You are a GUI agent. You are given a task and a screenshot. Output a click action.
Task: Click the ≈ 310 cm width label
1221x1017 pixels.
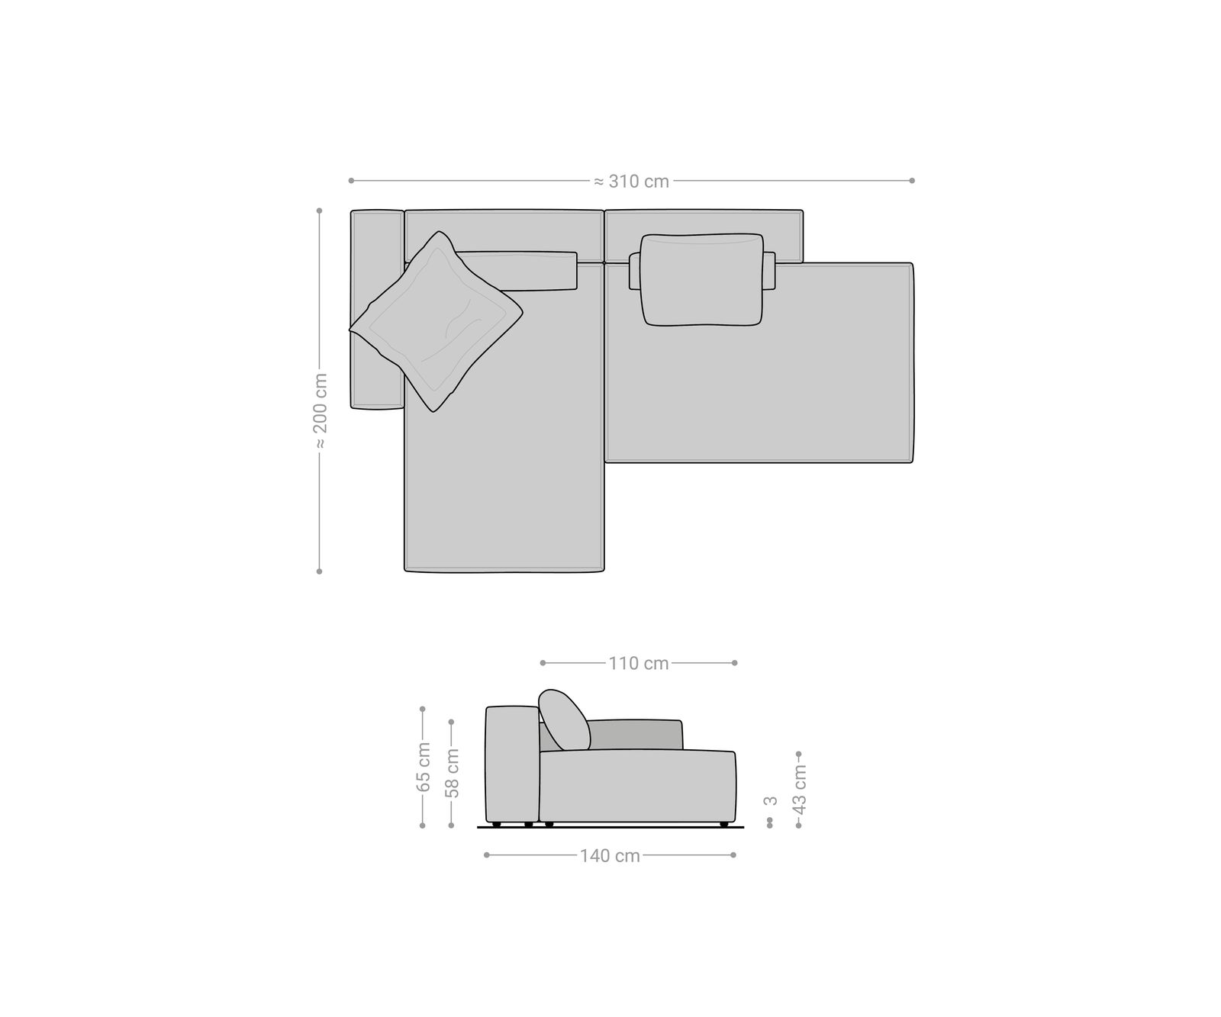[x=631, y=182]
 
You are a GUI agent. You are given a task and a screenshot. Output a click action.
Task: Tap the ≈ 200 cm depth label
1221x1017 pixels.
[x=320, y=412]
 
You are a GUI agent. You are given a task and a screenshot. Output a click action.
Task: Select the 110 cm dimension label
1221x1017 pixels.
[x=639, y=664]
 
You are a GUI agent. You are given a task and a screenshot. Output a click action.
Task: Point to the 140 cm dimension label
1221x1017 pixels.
[x=610, y=856]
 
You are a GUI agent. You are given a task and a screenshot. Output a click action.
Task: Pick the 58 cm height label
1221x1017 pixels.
[x=453, y=772]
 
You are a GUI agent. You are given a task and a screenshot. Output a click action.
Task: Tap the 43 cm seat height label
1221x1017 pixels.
[x=799, y=788]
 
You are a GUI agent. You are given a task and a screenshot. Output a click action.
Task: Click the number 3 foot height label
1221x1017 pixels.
[x=771, y=800]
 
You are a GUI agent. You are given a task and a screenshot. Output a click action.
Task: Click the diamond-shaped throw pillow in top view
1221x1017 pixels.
[x=436, y=322]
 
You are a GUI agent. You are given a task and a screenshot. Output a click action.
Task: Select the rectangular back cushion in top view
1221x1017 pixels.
[x=702, y=280]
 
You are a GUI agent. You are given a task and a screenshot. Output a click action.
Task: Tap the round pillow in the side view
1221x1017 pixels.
[x=565, y=719]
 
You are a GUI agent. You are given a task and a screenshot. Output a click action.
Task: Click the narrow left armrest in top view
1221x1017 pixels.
[x=377, y=309]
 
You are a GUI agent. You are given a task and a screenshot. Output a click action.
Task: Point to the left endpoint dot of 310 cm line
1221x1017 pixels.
[x=351, y=181]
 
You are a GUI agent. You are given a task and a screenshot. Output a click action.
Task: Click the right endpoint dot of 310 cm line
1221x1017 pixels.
[x=912, y=181]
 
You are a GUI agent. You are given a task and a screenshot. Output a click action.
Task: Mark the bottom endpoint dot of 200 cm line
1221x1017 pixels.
[x=320, y=571]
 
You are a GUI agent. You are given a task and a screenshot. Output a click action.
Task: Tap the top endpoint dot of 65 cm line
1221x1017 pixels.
[x=423, y=709]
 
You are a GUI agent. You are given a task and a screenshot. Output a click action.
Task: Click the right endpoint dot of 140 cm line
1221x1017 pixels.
[x=733, y=855]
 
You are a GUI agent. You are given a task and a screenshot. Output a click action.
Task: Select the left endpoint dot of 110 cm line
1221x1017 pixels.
[x=543, y=663]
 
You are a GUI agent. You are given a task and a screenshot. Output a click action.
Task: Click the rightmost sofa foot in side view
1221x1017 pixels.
[x=723, y=824]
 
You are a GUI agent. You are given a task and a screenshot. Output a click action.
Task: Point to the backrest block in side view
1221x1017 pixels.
[x=512, y=763]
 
